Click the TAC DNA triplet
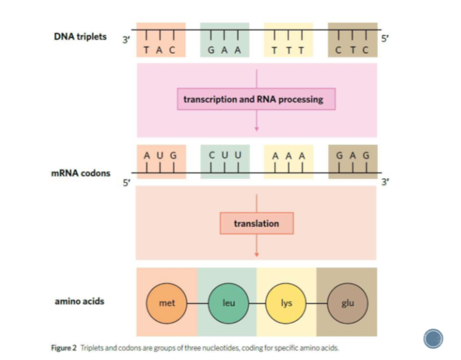click(x=161, y=41)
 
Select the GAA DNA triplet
click(x=225, y=41)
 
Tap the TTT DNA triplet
click(x=288, y=41)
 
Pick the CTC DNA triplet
click(x=352, y=41)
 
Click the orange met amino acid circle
click(x=167, y=303)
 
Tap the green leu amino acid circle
click(x=227, y=303)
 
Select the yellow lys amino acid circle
click(x=286, y=303)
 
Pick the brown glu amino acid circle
click(x=347, y=303)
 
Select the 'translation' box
click(x=256, y=224)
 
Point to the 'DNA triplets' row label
click(x=80, y=37)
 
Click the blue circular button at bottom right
click(x=433, y=338)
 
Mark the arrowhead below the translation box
click(x=257, y=253)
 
